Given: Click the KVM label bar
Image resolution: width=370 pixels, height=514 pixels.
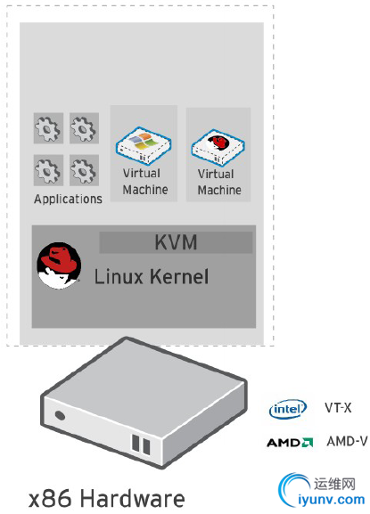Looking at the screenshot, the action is (176, 242).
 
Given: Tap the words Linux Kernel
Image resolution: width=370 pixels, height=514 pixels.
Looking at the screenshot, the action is (152, 276).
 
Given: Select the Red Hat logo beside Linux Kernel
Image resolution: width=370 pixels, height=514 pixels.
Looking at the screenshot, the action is (59, 265).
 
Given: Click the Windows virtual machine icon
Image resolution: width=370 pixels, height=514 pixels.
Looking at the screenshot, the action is (144, 145).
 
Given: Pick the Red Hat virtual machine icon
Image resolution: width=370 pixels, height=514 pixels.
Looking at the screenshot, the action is (218, 147).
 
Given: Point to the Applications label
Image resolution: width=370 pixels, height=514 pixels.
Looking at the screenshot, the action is (68, 199).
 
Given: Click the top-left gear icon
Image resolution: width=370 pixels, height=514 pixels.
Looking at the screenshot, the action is (48, 128).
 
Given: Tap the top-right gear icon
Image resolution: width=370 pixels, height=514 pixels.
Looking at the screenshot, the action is (84, 128).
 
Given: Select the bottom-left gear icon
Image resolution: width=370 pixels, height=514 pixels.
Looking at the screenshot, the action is (48, 170).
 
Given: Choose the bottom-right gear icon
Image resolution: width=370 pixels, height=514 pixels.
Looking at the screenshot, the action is (84, 170).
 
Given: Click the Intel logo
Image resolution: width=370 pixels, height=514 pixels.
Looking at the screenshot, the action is (288, 409).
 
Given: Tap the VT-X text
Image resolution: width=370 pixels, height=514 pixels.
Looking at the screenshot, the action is (338, 408).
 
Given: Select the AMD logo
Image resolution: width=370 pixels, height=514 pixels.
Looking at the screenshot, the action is (290, 443).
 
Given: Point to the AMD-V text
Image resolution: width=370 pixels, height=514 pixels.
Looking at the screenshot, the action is (347, 441).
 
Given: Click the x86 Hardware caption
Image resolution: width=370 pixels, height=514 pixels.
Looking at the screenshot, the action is (107, 498).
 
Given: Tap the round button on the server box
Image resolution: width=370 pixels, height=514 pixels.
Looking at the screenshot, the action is (60, 415).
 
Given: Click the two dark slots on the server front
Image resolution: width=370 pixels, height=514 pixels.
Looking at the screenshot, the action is (141, 445).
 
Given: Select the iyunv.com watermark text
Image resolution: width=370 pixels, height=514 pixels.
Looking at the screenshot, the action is (332, 500).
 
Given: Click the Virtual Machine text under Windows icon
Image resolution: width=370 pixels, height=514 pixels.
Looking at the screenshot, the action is (145, 181).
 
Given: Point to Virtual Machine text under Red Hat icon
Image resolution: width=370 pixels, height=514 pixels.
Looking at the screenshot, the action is (219, 182).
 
